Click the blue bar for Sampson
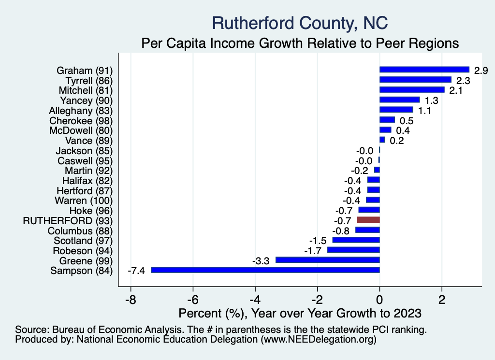coord(265,270)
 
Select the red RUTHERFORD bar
coord(368,220)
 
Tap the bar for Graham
coord(424,70)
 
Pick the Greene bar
coord(327,260)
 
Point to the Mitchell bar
coord(412,90)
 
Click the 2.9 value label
coord(481,71)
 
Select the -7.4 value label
coord(137,271)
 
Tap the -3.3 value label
coord(262,260)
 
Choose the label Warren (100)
coord(84,200)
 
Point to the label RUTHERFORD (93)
coord(68,220)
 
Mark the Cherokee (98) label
coord(81,120)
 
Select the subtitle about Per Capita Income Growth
coord(300,43)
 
